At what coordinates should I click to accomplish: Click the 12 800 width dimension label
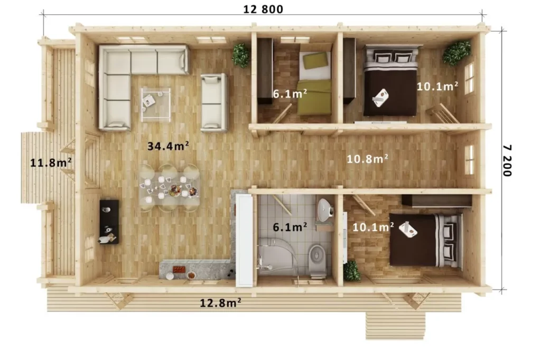click(263, 10)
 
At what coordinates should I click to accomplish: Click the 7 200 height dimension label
click(507, 160)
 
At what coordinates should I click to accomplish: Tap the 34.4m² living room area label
click(168, 146)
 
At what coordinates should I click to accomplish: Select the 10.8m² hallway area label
click(367, 158)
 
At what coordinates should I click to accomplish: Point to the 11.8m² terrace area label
click(51, 163)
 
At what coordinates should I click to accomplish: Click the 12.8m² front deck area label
click(220, 303)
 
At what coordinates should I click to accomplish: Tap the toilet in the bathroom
click(317, 260)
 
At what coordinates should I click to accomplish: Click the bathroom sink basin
click(324, 210)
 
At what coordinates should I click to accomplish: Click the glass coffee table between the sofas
click(156, 105)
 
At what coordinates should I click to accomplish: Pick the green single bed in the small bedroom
click(314, 83)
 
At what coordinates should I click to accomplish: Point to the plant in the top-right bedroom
click(456, 53)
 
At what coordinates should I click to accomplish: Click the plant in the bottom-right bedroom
click(352, 271)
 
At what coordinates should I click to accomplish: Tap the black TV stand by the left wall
click(109, 222)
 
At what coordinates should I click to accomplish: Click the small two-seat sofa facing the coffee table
click(214, 102)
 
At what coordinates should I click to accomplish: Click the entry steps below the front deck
click(395, 326)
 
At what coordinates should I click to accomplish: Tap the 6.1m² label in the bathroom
click(290, 227)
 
